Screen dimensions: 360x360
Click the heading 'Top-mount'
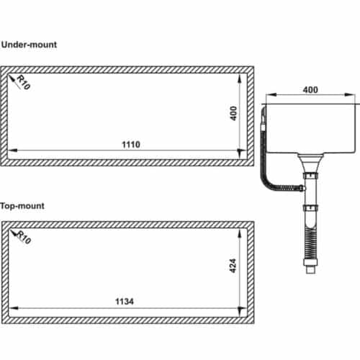click(23, 205)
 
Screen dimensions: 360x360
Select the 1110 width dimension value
click(131, 144)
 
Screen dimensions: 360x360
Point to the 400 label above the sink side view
click(310, 90)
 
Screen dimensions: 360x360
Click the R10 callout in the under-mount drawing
click(23, 84)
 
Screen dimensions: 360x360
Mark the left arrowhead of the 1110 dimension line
click(14, 150)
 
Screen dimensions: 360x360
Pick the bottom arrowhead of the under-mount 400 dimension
click(240, 156)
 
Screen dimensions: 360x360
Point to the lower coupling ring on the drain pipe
click(311, 210)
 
